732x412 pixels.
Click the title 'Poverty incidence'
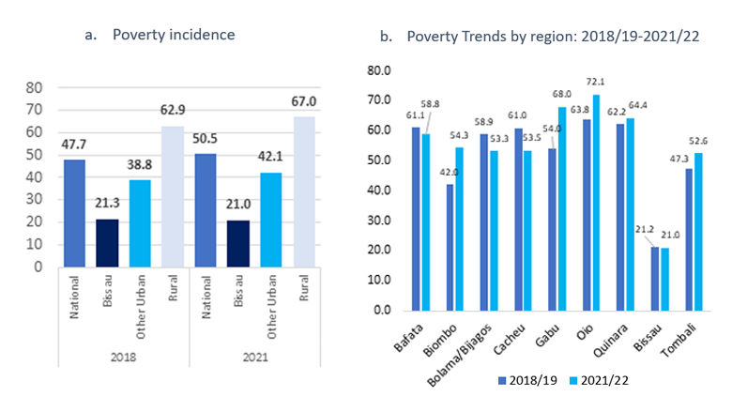coord(173,35)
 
